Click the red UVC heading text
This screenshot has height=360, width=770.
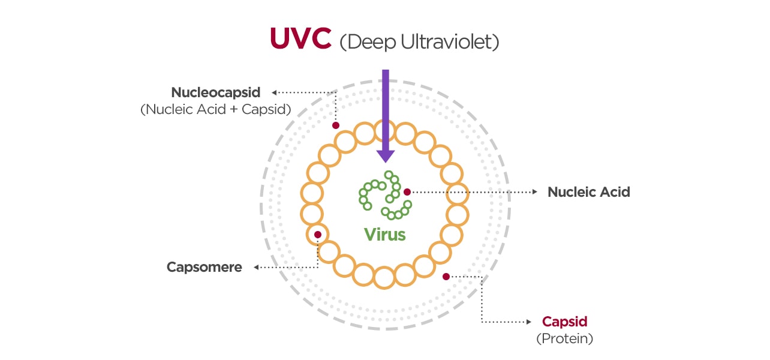300,38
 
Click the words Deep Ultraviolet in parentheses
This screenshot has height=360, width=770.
419,42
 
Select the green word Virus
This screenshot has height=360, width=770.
385,234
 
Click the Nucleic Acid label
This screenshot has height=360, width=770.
588,192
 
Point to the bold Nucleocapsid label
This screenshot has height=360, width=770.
216,92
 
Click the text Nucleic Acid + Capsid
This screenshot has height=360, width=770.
216,110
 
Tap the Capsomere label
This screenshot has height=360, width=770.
204,267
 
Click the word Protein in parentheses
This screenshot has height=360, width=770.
564,338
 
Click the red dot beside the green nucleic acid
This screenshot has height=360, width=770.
407,192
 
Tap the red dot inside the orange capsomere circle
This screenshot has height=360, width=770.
318,235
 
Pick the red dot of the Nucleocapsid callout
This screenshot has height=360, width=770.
336,125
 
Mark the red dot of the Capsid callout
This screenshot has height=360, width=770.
446,277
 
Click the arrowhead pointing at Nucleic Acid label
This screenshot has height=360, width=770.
535,192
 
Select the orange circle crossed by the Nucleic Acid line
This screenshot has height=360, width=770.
458,193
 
